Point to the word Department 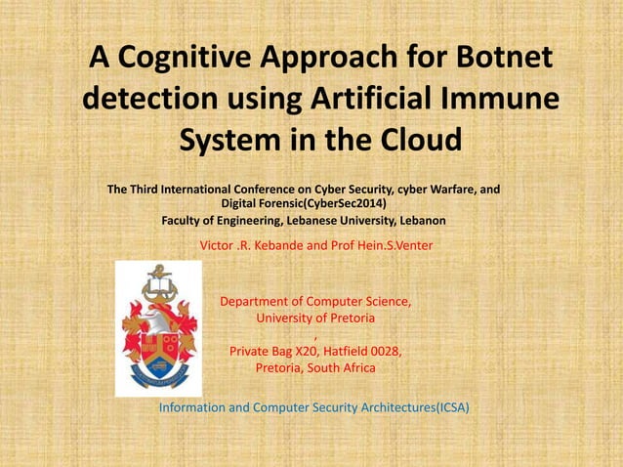259,302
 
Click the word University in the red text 283,318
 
